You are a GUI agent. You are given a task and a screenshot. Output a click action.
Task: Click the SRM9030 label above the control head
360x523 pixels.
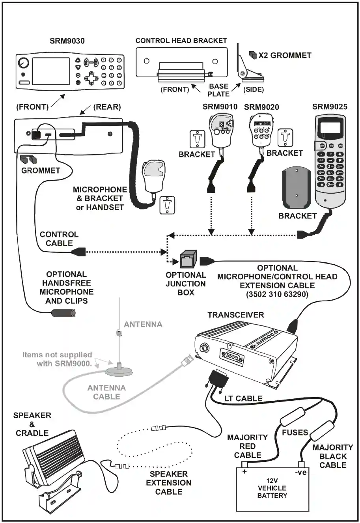point(67,41)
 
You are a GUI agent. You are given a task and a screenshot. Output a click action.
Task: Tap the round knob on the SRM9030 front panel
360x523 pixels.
point(23,63)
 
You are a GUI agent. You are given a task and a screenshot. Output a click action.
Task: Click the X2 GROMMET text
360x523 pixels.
point(285,56)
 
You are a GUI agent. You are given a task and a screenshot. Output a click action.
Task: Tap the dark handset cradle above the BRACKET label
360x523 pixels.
point(297,188)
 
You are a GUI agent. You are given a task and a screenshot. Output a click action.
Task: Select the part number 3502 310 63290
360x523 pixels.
point(277,294)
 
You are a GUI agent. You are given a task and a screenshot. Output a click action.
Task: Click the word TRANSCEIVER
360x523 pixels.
point(236,315)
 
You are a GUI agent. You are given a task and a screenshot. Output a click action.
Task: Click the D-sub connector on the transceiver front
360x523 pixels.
point(232,358)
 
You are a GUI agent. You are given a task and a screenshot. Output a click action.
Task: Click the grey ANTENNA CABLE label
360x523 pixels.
point(106,392)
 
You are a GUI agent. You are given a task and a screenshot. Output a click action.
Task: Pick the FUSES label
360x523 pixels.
point(295,432)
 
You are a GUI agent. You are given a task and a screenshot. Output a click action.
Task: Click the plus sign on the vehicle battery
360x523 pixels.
point(244,472)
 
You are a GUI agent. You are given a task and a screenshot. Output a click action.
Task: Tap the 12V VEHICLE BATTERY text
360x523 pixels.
point(272,488)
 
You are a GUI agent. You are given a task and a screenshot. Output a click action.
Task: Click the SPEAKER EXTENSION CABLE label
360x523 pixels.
point(169,483)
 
